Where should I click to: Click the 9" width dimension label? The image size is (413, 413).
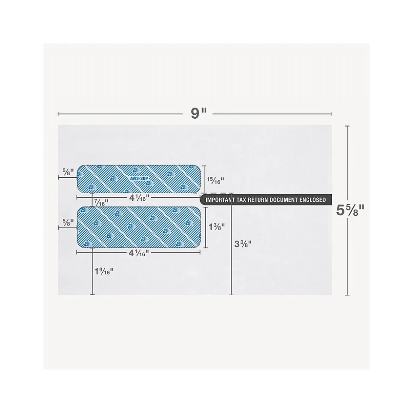click(198, 114)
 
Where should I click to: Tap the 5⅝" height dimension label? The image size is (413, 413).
click(350, 211)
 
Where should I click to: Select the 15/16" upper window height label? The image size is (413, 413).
click(215, 180)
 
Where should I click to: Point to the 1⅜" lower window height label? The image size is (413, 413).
click(217, 227)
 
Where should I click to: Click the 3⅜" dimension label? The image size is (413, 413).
click(243, 244)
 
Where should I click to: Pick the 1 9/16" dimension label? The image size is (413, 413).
click(104, 271)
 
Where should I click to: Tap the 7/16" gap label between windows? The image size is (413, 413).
click(101, 203)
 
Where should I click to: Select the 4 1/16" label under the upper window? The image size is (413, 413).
click(139, 198)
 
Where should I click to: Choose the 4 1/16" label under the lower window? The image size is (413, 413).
click(139, 253)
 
